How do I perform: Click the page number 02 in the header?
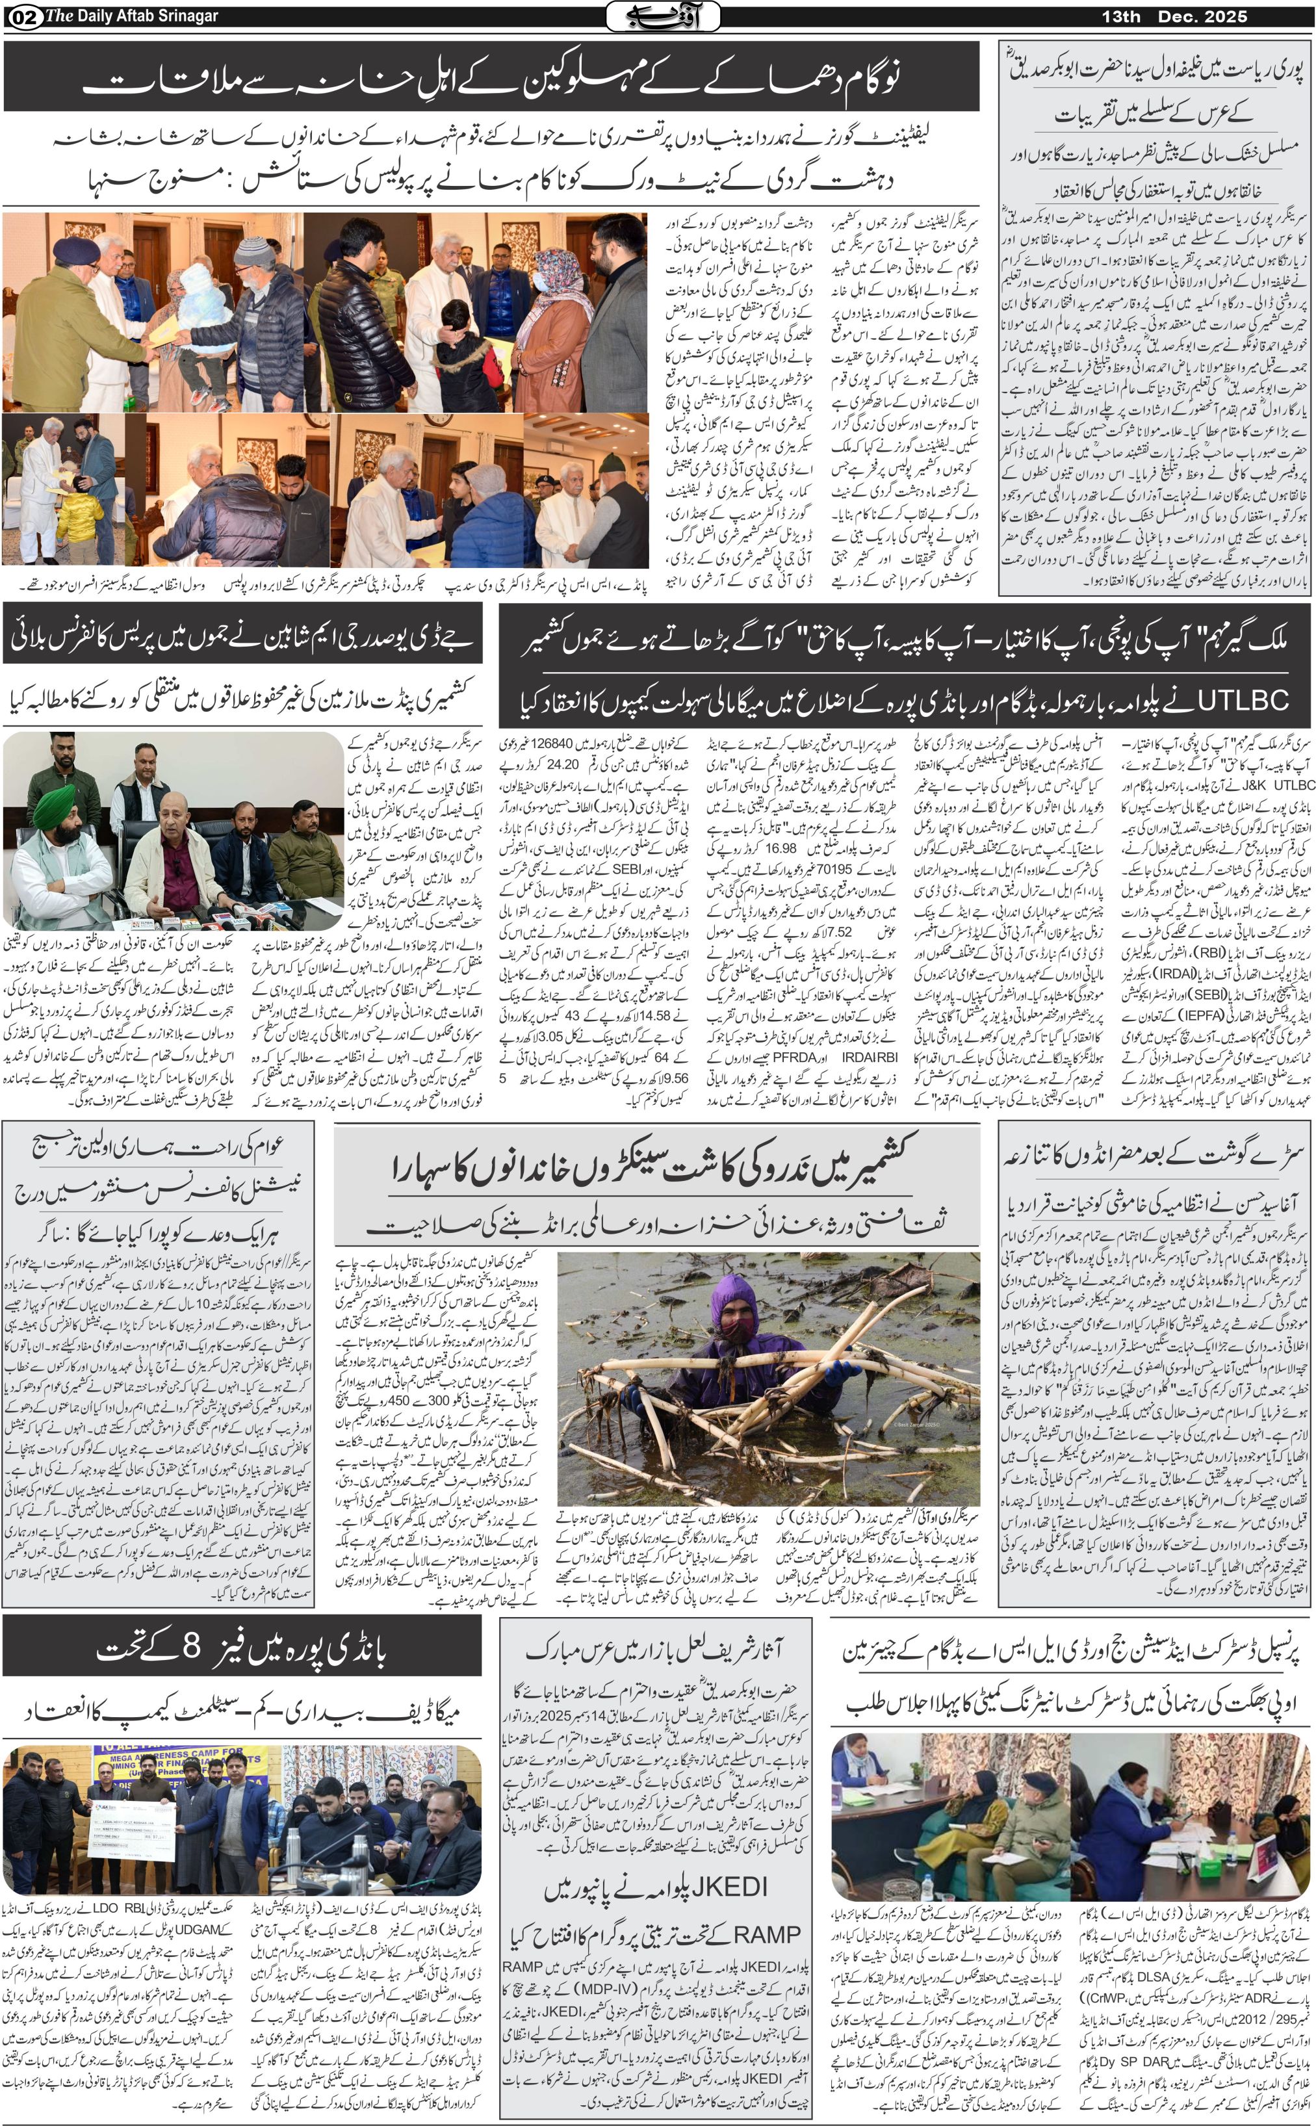pyautogui.click(x=18, y=16)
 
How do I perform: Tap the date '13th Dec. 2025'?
pyautogui.click(x=1175, y=16)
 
